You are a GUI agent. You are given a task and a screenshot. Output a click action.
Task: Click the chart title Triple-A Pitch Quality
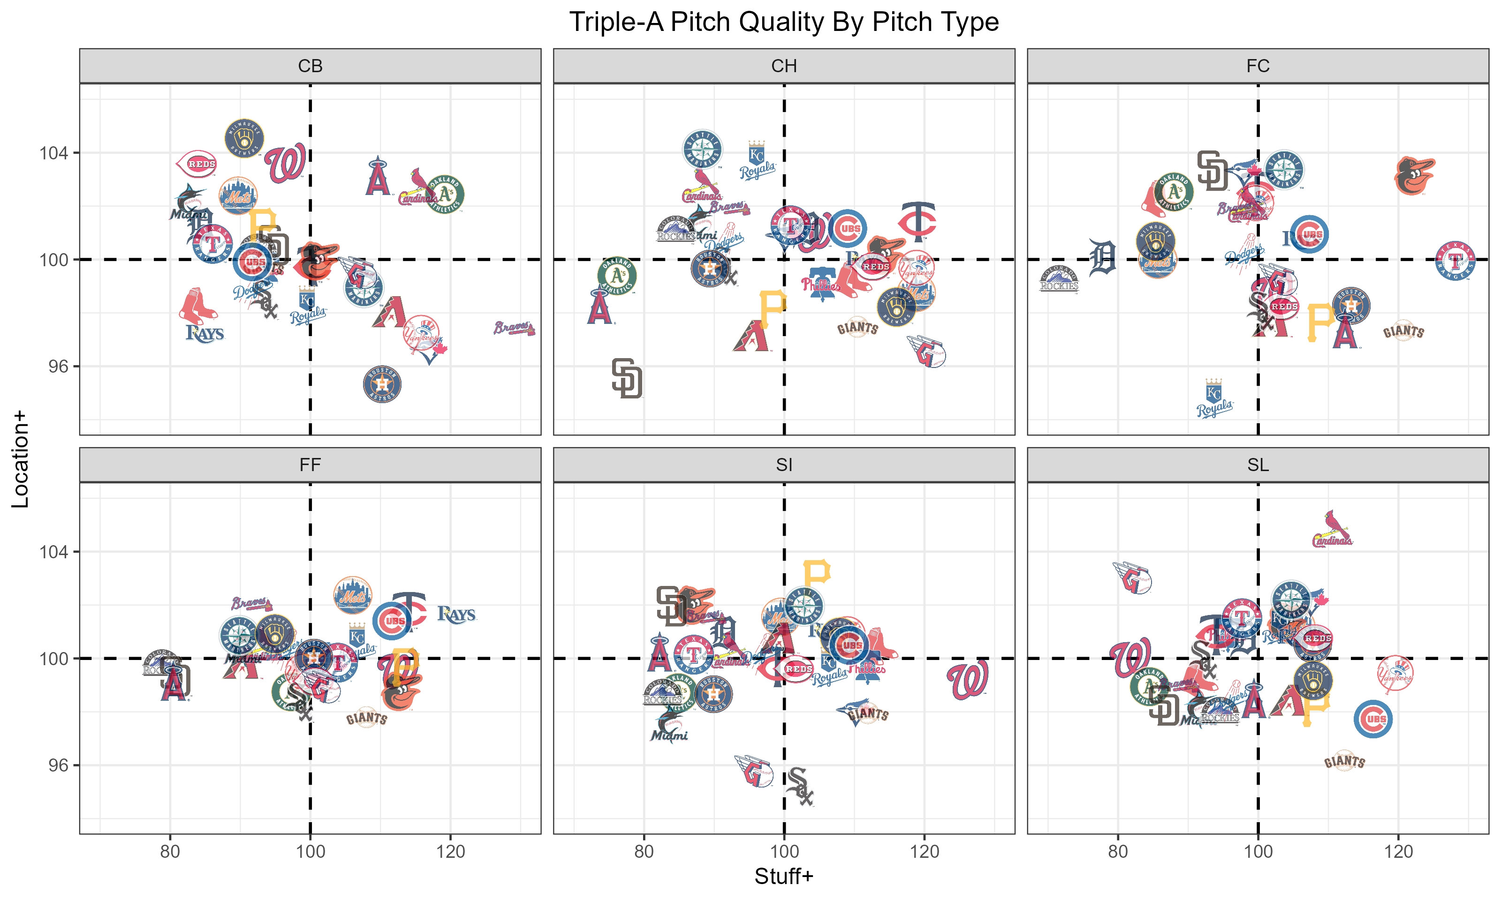[x=783, y=22]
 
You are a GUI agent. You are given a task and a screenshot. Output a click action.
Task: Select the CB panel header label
[x=310, y=66]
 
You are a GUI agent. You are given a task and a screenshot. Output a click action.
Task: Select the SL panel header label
[x=1258, y=465]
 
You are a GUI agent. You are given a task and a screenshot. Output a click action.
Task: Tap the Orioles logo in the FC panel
[x=1414, y=176]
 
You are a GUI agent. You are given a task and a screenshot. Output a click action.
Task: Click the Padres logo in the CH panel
[x=627, y=378]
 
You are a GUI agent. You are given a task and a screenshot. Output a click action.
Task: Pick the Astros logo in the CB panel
[x=382, y=384]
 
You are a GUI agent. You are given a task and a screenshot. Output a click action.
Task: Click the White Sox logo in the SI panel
[x=799, y=787]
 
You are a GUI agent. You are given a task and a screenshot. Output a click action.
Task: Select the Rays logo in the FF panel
[x=456, y=615]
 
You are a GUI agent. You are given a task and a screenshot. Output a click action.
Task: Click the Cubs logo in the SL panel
[x=1373, y=719]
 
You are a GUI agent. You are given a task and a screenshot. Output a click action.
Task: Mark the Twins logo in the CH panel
[x=918, y=221]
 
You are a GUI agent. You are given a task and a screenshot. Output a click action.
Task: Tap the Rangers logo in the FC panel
[x=1455, y=261]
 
